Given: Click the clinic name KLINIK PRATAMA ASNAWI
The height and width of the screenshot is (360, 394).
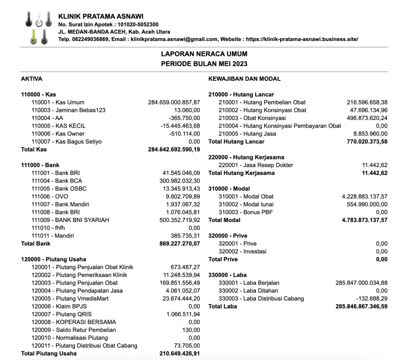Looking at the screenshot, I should [x=101, y=15].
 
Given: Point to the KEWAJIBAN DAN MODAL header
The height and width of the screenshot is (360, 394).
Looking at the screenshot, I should [x=244, y=79].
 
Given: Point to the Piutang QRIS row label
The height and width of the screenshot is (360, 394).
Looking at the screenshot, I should [x=59, y=313].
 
